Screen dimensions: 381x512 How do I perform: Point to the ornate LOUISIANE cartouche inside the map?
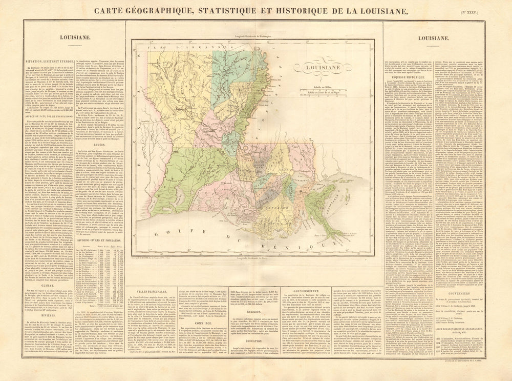click(x=318, y=67)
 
